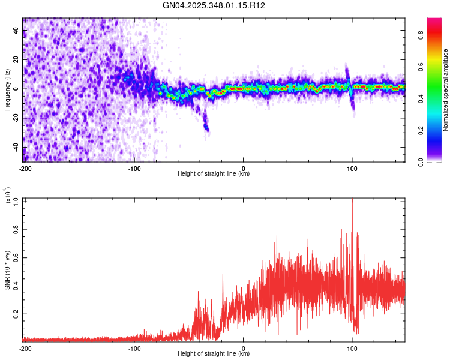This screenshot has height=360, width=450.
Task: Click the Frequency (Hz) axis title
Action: pos(7,90)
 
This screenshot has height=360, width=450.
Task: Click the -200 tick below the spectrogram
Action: pos(25,168)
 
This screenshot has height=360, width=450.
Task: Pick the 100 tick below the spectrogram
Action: pos(352,168)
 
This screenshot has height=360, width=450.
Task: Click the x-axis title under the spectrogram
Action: pos(214,174)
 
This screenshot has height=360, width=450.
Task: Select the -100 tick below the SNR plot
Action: pos(134,348)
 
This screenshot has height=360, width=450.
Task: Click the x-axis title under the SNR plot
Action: pos(214,354)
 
